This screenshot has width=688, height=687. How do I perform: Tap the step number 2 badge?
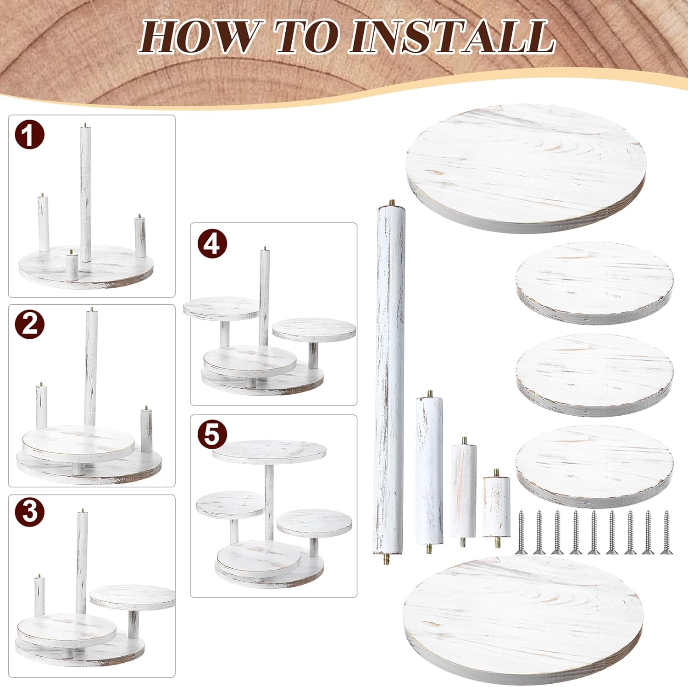[29, 324]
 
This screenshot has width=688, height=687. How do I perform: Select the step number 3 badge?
[29, 510]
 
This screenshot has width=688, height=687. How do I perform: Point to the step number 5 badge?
[212, 434]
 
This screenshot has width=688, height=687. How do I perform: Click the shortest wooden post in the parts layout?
[496, 506]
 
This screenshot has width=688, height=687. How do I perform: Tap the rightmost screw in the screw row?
[666, 532]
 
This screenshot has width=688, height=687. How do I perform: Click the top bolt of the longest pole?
[392, 203]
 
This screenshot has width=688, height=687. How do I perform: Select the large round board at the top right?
[526, 168]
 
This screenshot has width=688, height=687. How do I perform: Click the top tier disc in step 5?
[269, 451]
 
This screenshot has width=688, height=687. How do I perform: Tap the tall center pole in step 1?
[85, 192]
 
